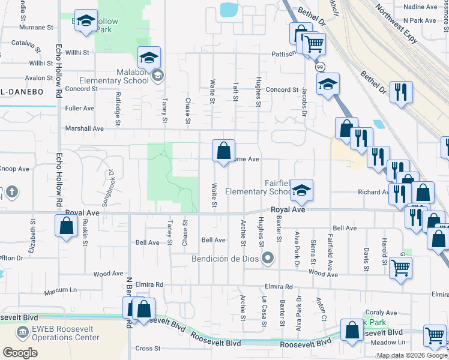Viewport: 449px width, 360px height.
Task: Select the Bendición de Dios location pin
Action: click(268, 259)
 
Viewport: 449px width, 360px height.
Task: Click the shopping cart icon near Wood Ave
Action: click(400, 268)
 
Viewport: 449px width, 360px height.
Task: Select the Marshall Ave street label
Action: click(85, 128)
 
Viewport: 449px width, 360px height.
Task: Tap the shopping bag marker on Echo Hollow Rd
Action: click(66, 226)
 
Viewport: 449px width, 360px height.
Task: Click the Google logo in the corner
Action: click(20, 352)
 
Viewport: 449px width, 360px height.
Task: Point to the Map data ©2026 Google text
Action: click(411, 355)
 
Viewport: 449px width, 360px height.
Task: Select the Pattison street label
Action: click(283, 53)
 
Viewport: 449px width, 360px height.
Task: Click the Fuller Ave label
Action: click(80, 109)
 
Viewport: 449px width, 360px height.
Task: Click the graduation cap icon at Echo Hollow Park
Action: click(86, 20)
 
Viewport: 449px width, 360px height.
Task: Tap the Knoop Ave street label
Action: click(16, 169)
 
